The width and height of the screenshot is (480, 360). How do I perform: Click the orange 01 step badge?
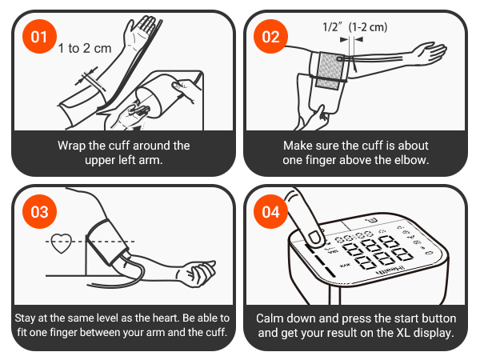click(x=38, y=37)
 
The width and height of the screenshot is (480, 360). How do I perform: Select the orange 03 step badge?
click(x=38, y=212)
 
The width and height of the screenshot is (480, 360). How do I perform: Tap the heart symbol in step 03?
click(x=62, y=242)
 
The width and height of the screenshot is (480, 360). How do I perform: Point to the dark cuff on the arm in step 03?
click(x=107, y=239)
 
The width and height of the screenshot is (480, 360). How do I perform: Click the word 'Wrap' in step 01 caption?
click(x=72, y=146)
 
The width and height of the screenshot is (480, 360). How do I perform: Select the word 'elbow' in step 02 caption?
click(x=414, y=160)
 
